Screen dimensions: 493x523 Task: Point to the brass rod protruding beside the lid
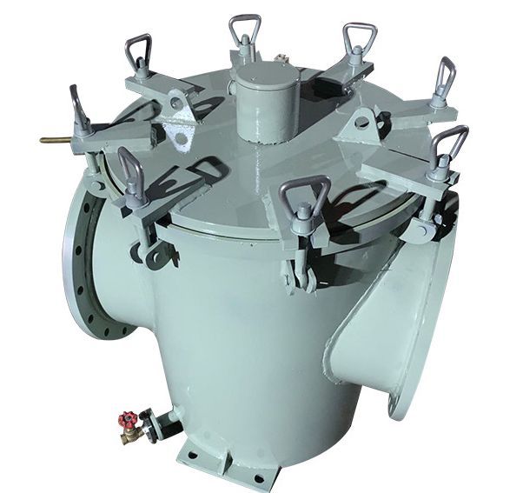[55, 140]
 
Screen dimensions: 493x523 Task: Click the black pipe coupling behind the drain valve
[154, 424]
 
